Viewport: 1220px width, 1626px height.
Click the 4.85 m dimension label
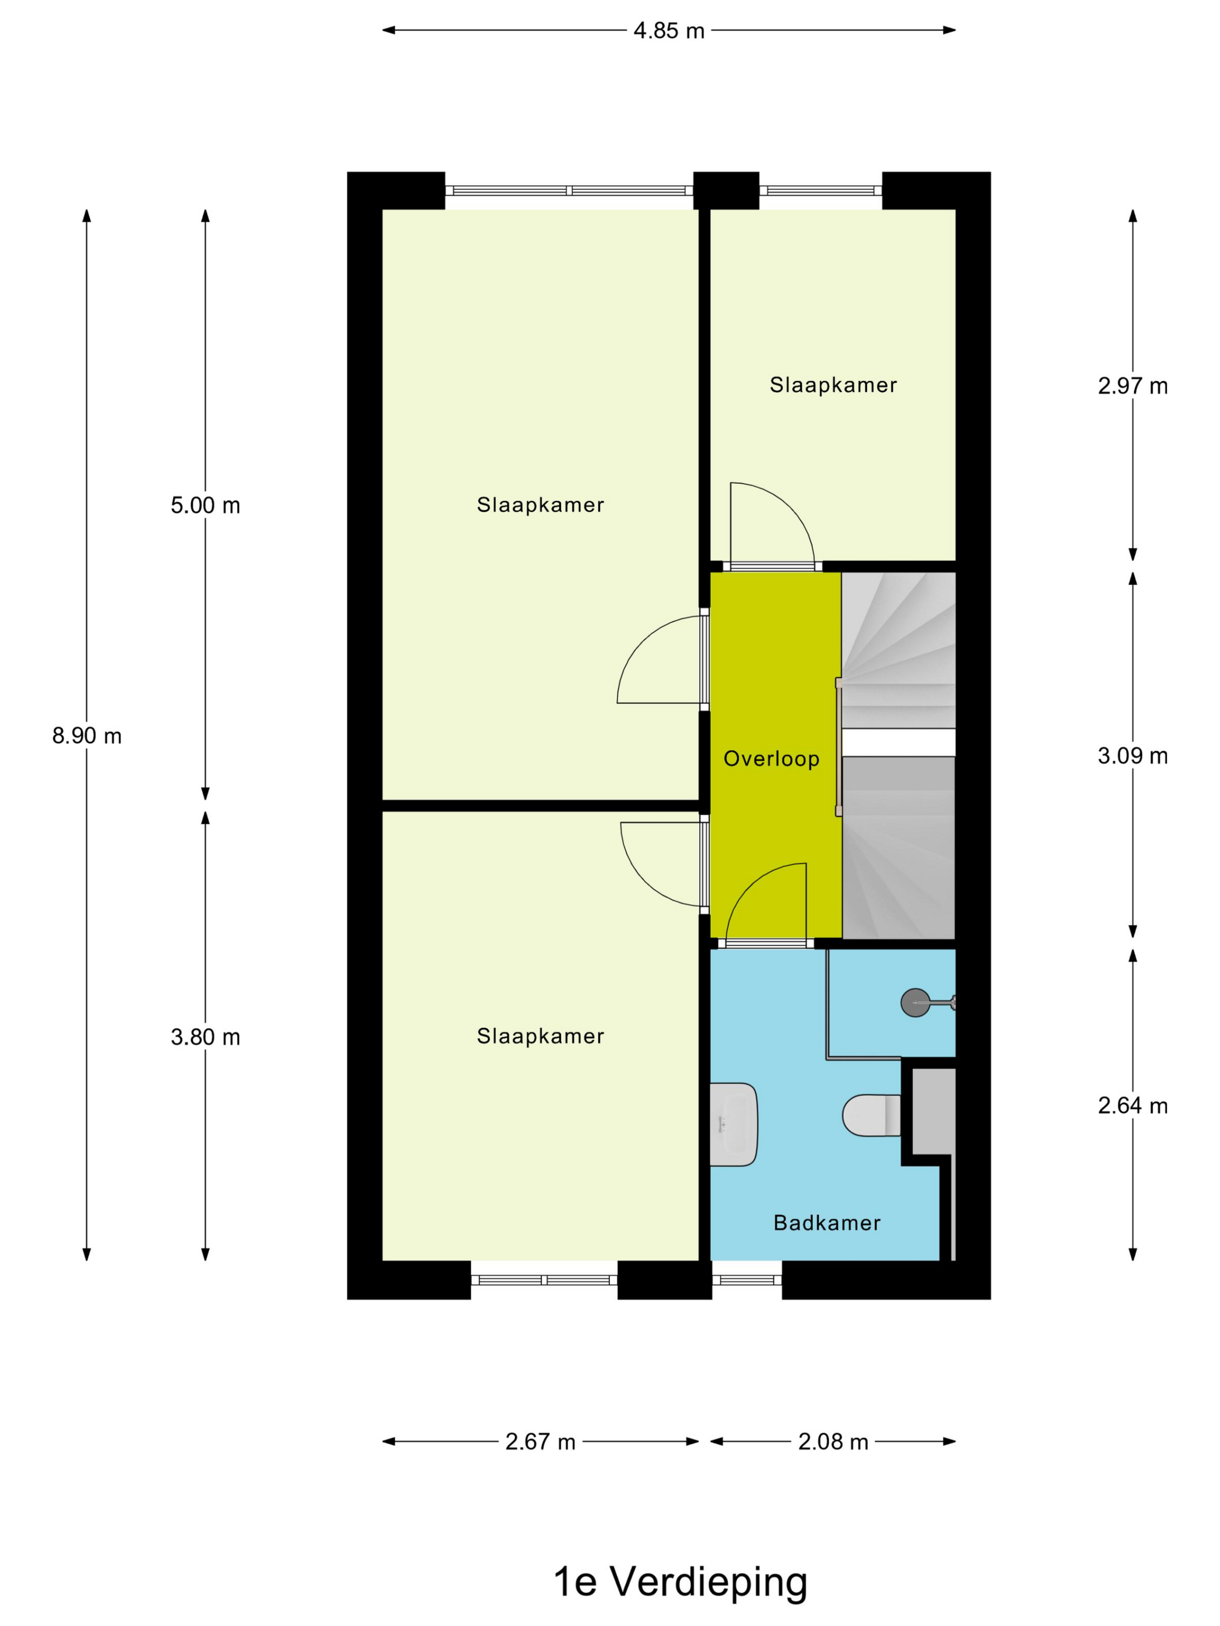pyautogui.click(x=669, y=31)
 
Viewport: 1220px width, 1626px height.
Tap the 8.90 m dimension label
pyautogui.click(x=87, y=736)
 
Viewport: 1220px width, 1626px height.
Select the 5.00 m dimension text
pyautogui.click(x=205, y=506)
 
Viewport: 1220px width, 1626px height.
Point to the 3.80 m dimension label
pyautogui.click(x=205, y=1037)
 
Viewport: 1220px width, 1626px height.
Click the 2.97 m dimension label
pyautogui.click(x=1132, y=386)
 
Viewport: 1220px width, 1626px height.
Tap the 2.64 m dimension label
pyautogui.click(x=1132, y=1106)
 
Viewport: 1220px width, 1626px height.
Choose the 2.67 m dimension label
pyautogui.click(x=540, y=1442)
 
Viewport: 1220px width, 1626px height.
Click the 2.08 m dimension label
pyautogui.click(x=833, y=1442)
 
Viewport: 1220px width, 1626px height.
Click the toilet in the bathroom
pyautogui.click(x=872, y=1115)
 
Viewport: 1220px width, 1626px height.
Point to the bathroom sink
pyautogui.click(x=734, y=1124)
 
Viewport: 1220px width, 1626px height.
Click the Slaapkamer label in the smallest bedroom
pyautogui.click(x=833, y=385)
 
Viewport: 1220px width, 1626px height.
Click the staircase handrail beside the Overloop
pyautogui.click(x=839, y=747)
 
